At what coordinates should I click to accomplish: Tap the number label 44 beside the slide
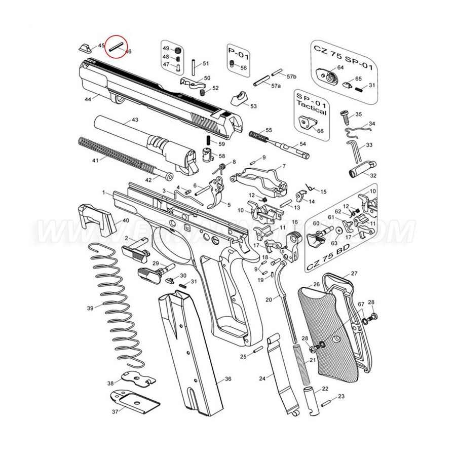[x=88, y=100]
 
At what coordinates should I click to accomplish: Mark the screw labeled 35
[x=344, y=116]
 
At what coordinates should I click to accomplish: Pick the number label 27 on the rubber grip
[x=354, y=274]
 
